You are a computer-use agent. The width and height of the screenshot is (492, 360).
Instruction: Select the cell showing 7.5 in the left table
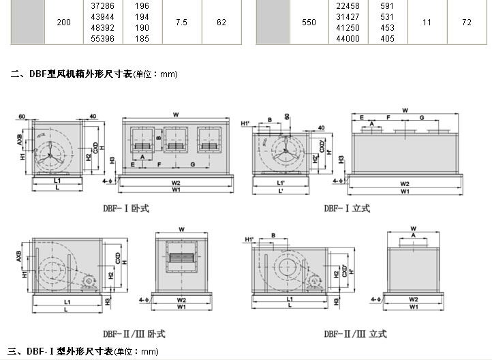point(181,22)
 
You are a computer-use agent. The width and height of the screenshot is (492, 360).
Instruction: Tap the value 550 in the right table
point(309,22)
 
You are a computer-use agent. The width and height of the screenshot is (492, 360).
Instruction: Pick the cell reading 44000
point(348,40)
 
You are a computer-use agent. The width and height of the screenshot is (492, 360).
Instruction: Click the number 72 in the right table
point(466,22)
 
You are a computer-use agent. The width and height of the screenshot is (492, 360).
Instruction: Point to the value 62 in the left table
point(221,22)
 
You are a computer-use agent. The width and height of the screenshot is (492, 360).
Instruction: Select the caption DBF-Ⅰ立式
point(347,208)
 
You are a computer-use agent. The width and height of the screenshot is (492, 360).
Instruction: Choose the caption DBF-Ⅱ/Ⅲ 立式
point(355,334)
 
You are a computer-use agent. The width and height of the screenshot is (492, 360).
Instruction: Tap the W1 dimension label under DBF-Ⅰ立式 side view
point(405,192)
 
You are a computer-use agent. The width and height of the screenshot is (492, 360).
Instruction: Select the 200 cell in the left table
point(63,22)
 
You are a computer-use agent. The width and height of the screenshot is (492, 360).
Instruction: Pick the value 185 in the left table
point(142,40)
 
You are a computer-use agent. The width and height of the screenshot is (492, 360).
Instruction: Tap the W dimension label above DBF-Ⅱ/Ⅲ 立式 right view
point(413,227)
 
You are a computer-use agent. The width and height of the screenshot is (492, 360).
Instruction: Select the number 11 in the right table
point(427,22)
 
